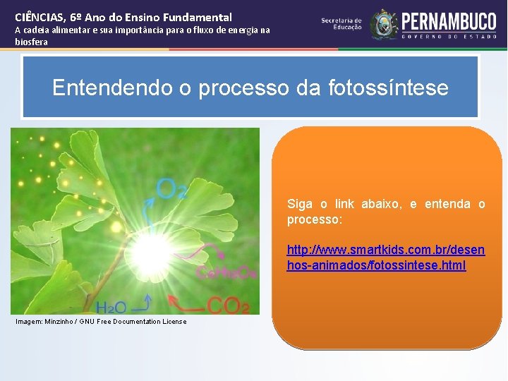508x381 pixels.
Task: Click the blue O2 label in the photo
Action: pyautogui.click(x=171, y=188)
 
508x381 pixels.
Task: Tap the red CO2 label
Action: pyautogui.click(x=227, y=306)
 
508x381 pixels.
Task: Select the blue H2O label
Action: pyautogui.click(x=111, y=308)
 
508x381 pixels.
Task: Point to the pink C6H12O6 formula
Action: pyautogui.click(x=226, y=273)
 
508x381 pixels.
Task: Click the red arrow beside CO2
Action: pyautogui.click(x=189, y=306)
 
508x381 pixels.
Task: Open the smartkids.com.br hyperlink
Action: pyautogui.click(x=385, y=258)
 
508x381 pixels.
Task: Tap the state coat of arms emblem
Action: pyautogui.click(x=384, y=23)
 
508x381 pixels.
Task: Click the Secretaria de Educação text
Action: pyautogui.click(x=341, y=23)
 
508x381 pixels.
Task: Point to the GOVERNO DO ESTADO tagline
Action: pyautogui.click(x=449, y=36)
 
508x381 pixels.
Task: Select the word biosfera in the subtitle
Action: pyautogui.click(x=32, y=42)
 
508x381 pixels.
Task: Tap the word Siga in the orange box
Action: pyautogui.click(x=300, y=204)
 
